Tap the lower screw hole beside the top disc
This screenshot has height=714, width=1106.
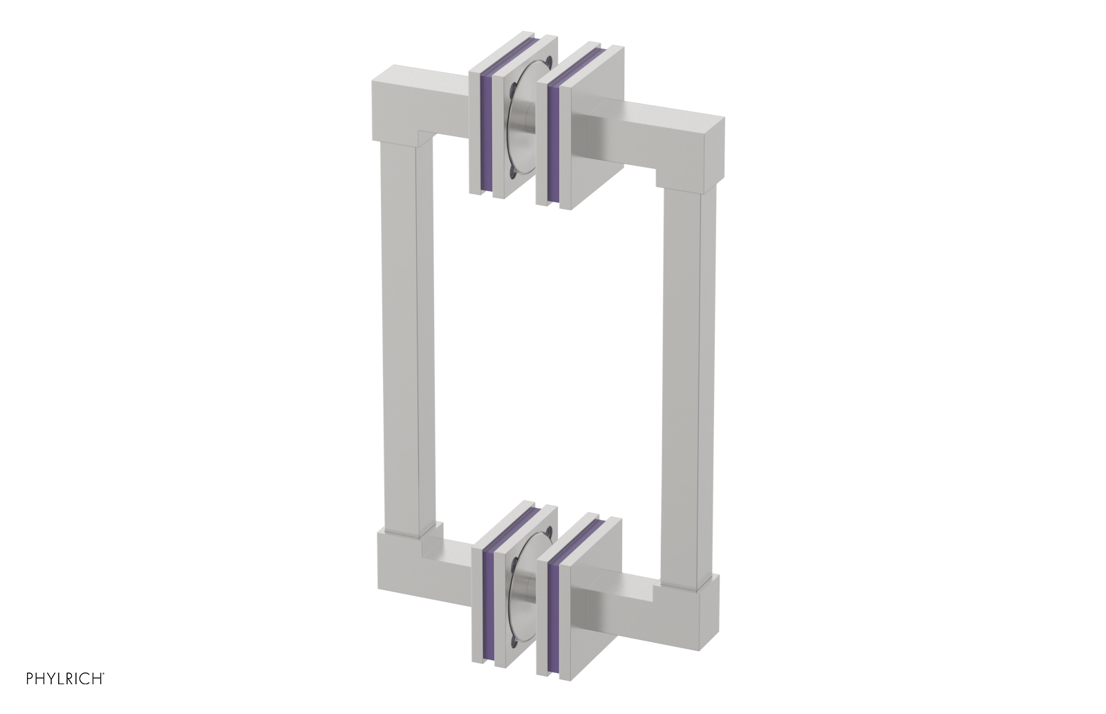(x=510, y=168)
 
